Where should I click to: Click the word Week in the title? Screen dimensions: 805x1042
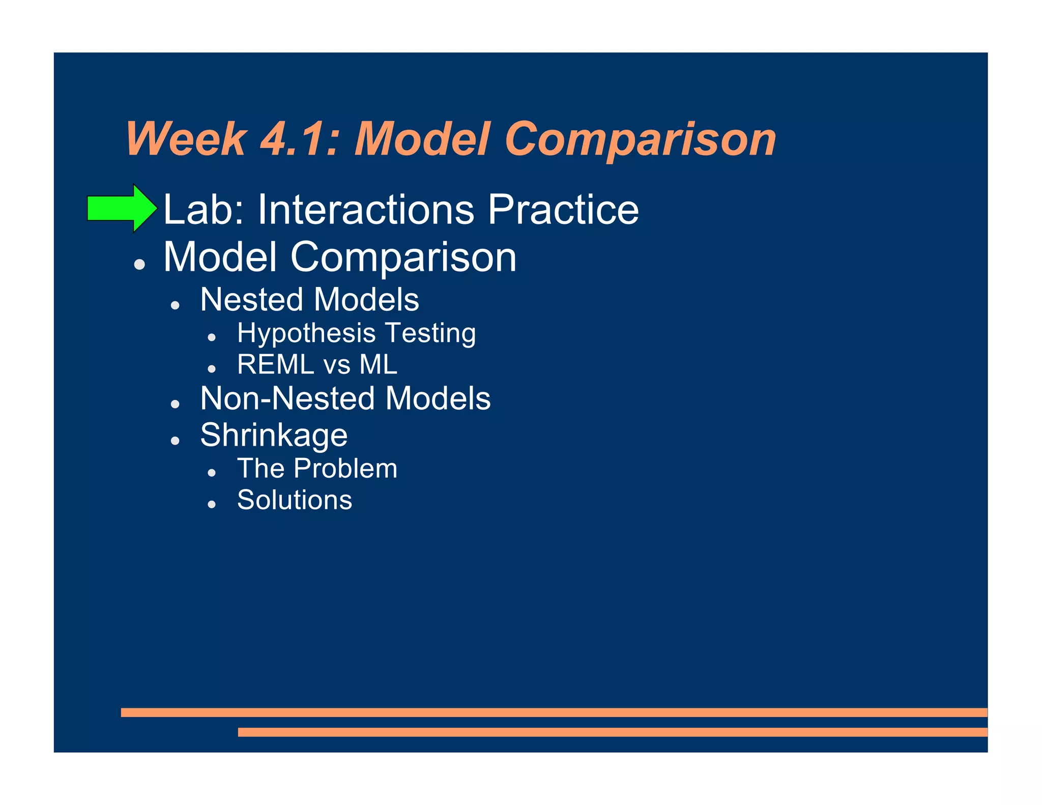click(186, 139)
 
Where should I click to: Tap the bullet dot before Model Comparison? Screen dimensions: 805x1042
click(139, 264)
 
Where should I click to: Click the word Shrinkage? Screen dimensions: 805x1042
click(274, 436)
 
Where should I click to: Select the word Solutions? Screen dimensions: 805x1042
click(295, 500)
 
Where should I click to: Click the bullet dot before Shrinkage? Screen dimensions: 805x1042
click(176, 441)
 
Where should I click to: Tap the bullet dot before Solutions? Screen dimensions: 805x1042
click(212, 504)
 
